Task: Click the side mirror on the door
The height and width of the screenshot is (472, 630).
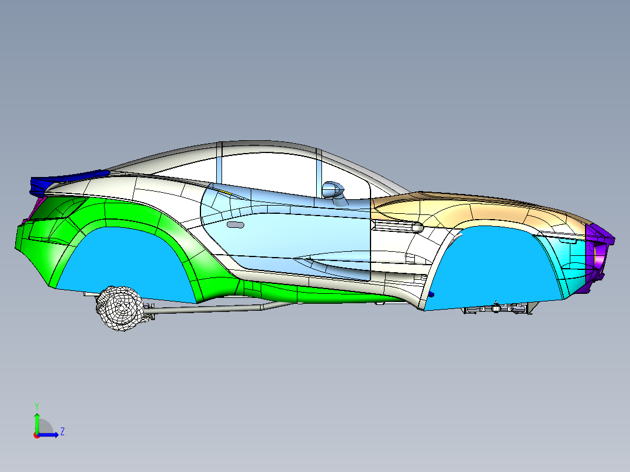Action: click(x=333, y=189)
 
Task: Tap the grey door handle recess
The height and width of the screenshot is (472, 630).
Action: click(x=235, y=225)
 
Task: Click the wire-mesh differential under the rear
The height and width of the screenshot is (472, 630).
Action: click(x=120, y=308)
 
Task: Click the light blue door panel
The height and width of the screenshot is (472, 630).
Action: click(x=281, y=234)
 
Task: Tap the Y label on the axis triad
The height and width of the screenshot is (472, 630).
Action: click(x=36, y=405)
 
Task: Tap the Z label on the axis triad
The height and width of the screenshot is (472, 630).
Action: click(x=62, y=432)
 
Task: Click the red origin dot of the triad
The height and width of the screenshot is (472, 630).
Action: click(x=36, y=435)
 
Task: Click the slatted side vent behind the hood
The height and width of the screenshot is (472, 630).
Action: click(x=397, y=225)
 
